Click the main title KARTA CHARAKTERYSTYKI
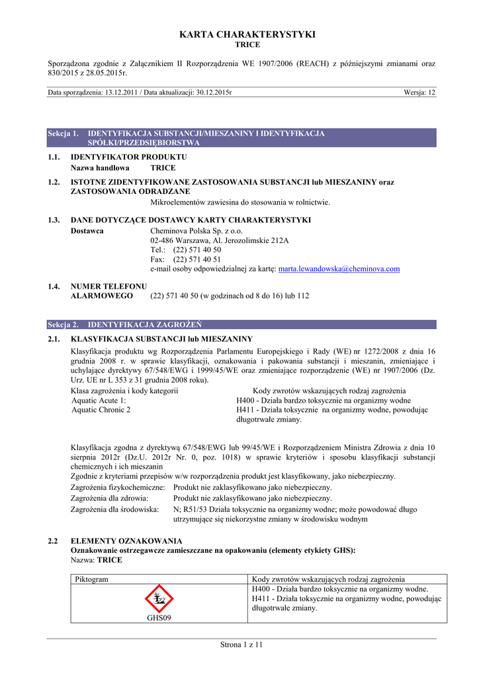click(x=239, y=34)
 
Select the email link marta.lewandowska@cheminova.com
click(x=339, y=269)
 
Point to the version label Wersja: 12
click(x=419, y=93)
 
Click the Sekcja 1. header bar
click(x=241, y=138)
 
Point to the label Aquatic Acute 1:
click(x=99, y=401)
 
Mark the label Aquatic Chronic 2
click(x=101, y=410)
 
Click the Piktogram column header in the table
click(x=92, y=579)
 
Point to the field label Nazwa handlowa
click(x=100, y=168)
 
